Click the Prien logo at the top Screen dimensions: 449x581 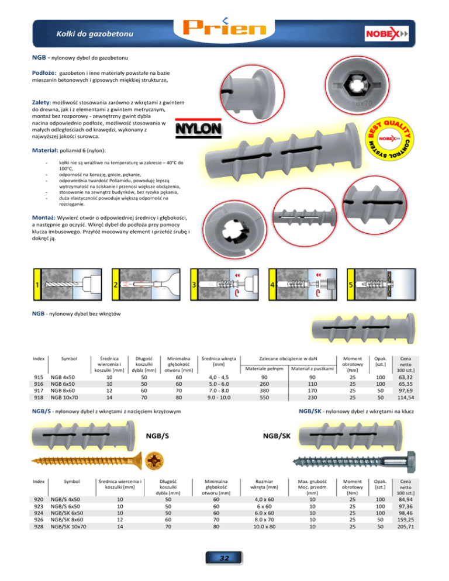(x=224, y=27)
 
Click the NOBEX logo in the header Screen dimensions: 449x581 (x=386, y=34)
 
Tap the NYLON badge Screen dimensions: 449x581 (x=198, y=129)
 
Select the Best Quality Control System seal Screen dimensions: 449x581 (x=389, y=139)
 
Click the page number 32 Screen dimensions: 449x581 (x=224, y=558)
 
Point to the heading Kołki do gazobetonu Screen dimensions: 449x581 (x=95, y=34)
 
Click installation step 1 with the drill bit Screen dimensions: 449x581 (x=67, y=285)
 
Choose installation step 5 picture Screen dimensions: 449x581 (x=382, y=285)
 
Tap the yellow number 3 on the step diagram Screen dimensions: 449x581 (x=194, y=285)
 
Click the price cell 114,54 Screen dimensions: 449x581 (x=406, y=397)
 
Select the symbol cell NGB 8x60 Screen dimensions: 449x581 (x=63, y=390)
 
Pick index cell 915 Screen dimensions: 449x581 (x=39, y=377)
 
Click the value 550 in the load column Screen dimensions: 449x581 (x=264, y=397)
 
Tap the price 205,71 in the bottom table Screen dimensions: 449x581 (x=406, y=526)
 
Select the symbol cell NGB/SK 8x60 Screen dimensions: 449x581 (x=67, y=520)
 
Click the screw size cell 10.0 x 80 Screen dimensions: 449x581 (x=264, y=526)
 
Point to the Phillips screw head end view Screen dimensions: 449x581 (x=154, y=461)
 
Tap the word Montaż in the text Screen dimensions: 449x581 (x=43, y=217)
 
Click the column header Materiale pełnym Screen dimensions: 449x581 (x=264, y=369)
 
